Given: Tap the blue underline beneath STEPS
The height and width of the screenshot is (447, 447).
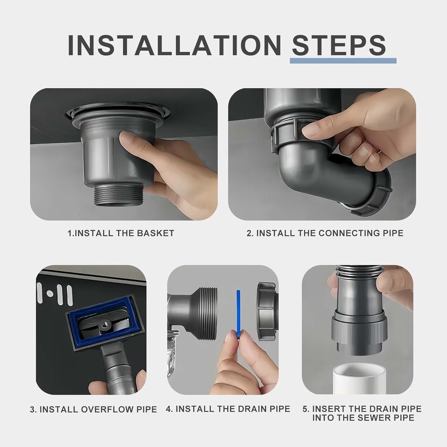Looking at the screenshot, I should [x=343, y=61].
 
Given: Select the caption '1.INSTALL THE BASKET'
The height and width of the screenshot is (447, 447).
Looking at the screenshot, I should [x=121, y=233].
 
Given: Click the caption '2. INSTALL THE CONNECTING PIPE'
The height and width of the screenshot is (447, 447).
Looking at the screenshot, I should [x=325, y=233].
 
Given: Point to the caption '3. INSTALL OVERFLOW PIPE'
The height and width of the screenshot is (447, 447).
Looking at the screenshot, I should [x=93, y=409].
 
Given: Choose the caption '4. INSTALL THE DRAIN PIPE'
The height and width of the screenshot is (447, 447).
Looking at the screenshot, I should [x=228, y=409].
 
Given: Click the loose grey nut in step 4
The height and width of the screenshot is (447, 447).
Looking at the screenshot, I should [x=267, y=311].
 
